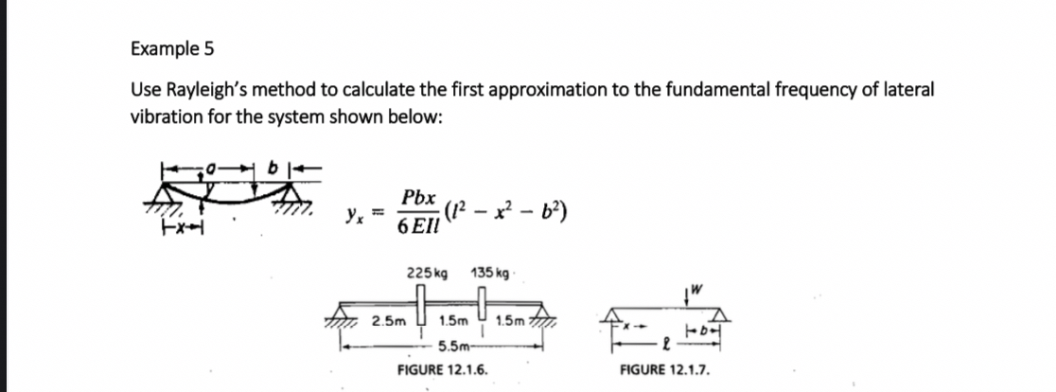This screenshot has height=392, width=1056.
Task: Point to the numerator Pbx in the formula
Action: tap(418, 198)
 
